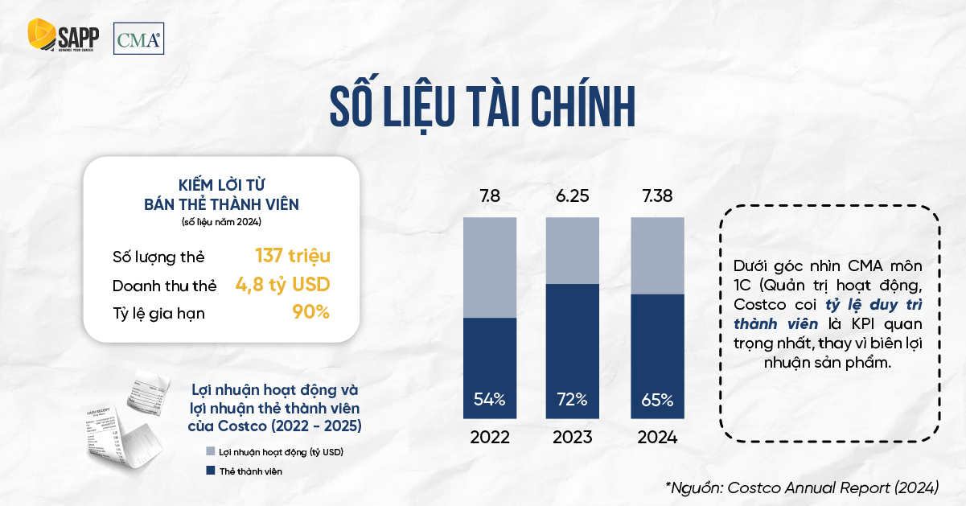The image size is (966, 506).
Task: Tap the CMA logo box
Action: (x=138, y=39)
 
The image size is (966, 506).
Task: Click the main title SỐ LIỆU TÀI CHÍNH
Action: (x=483, y=105)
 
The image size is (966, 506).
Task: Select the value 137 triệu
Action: (x=293, y=256)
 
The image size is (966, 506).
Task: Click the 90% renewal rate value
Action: (x=311, y=312)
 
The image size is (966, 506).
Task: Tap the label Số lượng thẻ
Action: (x=158, y=257)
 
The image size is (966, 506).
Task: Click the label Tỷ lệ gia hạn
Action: (x=158, y=313)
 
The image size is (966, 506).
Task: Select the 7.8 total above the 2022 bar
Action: (x=489, y=196)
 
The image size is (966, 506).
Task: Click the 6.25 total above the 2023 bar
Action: (x=573, y=196)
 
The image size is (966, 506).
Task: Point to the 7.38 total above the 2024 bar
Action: (x=657, y=196)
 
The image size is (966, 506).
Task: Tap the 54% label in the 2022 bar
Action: (x=489, y=399)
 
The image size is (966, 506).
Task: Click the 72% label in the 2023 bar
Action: (x=573, y=399)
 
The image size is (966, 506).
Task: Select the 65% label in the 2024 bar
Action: (x=657, y=399)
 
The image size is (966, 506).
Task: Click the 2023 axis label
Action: (x=573, y=438)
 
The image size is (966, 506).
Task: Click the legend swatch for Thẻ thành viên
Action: (x=211, y=471)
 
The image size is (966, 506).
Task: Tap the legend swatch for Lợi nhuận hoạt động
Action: (x=211, y=452)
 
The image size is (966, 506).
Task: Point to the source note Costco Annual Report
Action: (x=802, y=487)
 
